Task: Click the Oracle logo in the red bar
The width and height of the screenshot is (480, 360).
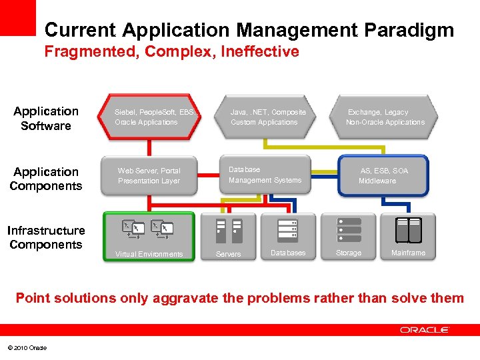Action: click(425, 329)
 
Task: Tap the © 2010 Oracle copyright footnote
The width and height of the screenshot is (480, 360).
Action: click(27, 347)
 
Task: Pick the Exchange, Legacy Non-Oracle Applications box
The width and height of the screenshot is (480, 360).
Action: click(385, 117)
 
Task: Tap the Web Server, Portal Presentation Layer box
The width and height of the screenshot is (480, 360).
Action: click(149, 176)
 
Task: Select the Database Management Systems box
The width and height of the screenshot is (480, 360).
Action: click(265, 175)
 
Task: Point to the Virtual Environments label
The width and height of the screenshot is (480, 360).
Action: click(149, 254)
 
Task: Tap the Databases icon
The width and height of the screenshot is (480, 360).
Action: click(287, 230)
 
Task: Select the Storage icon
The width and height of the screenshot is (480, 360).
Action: click(349, 230)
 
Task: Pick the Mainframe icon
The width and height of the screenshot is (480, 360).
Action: click(408, 230)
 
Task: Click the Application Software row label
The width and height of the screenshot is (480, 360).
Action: click(45, 119)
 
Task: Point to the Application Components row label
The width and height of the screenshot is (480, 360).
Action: click(45, 179)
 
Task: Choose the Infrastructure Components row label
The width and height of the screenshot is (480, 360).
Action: click(45, 237)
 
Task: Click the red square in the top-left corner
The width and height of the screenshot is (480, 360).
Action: click(17, 17)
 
